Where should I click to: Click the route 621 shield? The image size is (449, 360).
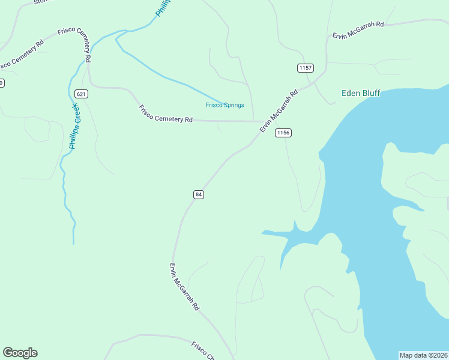click(82, 94)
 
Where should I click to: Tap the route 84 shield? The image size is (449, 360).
click(199, 194)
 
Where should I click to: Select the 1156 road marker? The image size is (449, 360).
click(283, 133)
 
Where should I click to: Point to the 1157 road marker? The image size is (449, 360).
click(306, 68)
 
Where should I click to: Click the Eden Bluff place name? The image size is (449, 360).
click(361, 93)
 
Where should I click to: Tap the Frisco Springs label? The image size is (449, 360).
click(225, 105)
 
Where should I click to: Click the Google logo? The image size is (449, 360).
click(20, 353)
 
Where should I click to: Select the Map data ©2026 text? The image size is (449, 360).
click(423, 355)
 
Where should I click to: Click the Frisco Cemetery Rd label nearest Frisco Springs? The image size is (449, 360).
click(165, 114)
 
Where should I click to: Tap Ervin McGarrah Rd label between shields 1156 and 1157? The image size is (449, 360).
click(279, 112)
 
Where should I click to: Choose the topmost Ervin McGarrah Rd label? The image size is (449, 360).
click(358, 30)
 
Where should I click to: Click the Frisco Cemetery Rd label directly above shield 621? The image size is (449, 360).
click(74, 45)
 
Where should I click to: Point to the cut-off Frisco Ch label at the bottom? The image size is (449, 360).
click(203, 351)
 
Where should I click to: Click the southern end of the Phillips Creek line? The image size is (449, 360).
click(73, 244)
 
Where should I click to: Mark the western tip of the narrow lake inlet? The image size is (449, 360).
click(262, 232)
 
